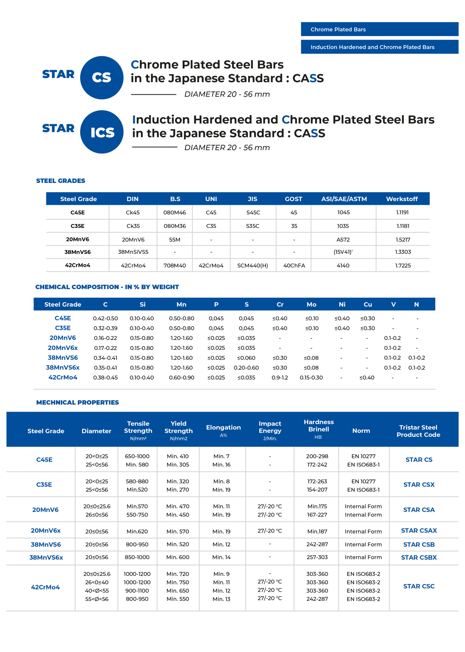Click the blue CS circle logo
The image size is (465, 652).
point(102,78)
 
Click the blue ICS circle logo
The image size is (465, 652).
point(102,132)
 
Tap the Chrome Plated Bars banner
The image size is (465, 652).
point(379,29)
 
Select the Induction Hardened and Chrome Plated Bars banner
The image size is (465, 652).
point(379,47)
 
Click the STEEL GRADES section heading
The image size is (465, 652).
point(61,181)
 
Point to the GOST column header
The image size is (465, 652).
point(294,199)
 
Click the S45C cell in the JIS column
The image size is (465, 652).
point(253,212)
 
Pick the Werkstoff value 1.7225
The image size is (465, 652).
point(403,265)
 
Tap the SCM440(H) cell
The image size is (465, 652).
point(253,265)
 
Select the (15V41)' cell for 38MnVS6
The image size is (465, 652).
point(343,252)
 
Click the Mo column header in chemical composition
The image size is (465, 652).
point(311,305)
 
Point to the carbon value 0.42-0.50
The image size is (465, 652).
point(105,318)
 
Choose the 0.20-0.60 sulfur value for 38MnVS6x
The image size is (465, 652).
point(246,368)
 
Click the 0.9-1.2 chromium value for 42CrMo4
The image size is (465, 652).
point(280,377)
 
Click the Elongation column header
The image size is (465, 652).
point(223,428)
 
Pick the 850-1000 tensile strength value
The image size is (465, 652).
point(137,557)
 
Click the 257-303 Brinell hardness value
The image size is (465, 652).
point(317,557)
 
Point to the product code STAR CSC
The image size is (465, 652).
point(419,586)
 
